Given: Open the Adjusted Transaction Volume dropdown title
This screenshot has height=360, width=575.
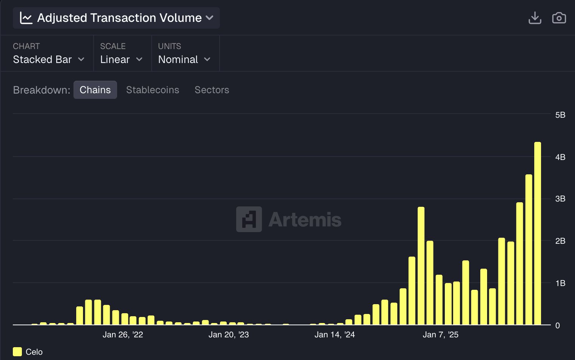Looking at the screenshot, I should coord(116,18).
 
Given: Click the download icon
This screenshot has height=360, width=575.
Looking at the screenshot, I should coord(535,18).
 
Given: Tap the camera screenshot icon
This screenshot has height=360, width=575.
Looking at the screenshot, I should coord(559,18).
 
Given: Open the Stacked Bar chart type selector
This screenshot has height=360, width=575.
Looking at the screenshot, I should coord(48,59).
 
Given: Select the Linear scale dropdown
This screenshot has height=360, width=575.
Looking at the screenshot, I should coord(121,59).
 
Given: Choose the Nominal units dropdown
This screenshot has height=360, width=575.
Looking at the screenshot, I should coord(184,59).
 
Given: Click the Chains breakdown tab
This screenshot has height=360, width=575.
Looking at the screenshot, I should coord(95,90).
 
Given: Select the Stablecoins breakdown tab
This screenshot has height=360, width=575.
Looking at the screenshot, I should coord(152,90).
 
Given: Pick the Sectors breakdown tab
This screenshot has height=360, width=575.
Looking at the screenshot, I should coord(212,90).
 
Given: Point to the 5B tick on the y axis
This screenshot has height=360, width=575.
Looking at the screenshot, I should coord(560,115).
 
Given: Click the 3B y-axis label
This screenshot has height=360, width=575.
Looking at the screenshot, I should coord(560,198).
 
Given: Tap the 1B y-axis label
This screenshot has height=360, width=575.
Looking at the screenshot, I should coord(560,283).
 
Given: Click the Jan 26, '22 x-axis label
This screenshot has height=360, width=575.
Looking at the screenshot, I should coord(123,335).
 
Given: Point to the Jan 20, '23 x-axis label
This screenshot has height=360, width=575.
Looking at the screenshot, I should coord(229,335).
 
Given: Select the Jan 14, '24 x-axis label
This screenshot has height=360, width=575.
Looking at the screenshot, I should coord(335,335).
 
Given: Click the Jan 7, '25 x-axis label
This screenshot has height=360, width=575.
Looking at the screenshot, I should coord(440,335).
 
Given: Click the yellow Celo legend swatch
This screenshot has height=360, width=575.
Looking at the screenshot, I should coord(17,352).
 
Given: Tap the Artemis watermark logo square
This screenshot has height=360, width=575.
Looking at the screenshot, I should coord(249,219).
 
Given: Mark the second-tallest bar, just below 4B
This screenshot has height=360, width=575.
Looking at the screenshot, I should coord(529,249).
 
